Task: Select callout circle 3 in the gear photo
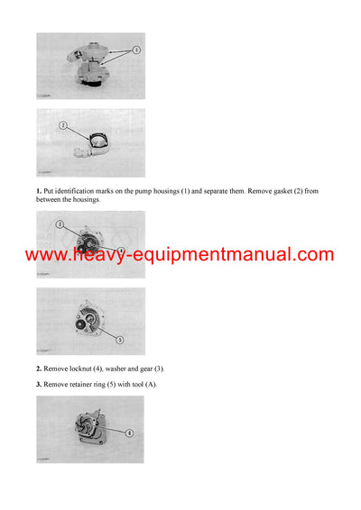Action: point(60,223)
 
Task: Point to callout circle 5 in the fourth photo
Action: point(121,339)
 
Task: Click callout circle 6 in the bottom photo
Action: point(129,433)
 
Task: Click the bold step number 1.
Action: point(39,192)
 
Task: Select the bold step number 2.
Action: point(39,369)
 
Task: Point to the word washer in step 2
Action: point(127,369)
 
